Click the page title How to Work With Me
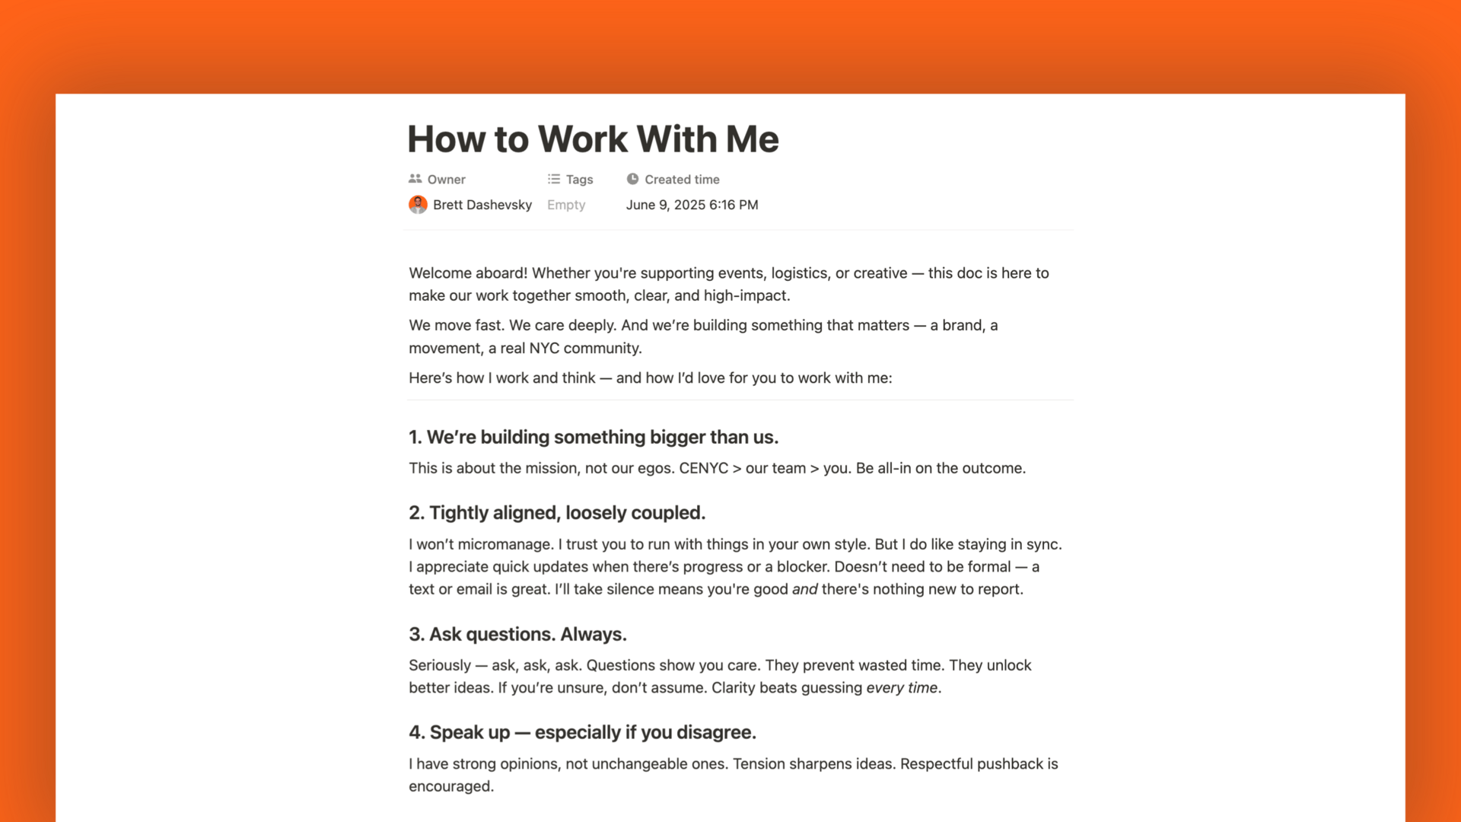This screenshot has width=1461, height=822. (593, 139)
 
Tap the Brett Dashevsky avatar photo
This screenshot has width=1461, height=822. (418, 205)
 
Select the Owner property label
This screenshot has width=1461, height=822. (446, 180)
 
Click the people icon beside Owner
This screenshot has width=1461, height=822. (415, 179)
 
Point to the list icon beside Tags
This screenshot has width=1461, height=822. (553, 179)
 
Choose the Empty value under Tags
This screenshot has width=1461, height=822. (566, 205)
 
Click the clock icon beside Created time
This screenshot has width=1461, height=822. (632, 179)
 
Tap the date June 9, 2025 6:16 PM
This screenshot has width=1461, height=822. (692, 205)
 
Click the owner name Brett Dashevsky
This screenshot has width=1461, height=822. (482, 205)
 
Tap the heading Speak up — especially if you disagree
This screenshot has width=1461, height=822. (582, 732)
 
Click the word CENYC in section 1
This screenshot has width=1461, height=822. (703, 468)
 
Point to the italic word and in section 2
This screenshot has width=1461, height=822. (804, 589)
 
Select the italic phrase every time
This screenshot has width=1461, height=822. (902, 688)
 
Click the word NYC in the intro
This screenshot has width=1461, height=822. (544, 349)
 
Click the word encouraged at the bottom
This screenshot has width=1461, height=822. (450, 786)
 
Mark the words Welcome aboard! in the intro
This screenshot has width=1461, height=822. (468, 273)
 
